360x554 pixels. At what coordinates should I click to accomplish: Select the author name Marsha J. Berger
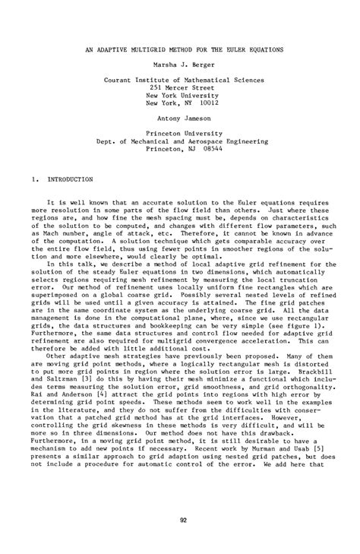(x=180, y=65)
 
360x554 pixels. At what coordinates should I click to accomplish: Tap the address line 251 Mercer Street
(x=180, y=88)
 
